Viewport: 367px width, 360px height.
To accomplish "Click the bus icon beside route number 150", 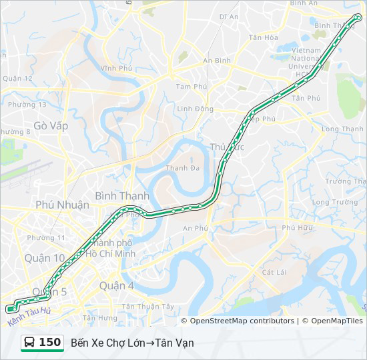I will coord(30,343).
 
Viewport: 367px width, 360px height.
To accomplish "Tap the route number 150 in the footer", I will coord(50,343).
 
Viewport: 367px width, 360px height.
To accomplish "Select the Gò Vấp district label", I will coord(51,125).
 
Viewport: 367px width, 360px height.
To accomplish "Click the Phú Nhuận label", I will coord(62,205).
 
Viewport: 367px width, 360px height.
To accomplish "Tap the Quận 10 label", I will coord(45,257).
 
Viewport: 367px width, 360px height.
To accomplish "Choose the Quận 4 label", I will coord(116,285).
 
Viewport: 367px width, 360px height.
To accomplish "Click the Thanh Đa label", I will coord(183,168).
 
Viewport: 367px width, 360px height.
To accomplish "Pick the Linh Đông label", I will coord(196,109).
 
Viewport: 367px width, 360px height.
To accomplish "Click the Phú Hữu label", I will coord(297,227).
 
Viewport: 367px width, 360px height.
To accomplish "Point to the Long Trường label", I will coord(335,202).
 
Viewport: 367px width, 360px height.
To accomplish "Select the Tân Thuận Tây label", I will coord(148,306).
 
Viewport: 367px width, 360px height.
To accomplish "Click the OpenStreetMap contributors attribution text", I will coord(242,321).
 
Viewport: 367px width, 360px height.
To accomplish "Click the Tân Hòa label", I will coord(263,37).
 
